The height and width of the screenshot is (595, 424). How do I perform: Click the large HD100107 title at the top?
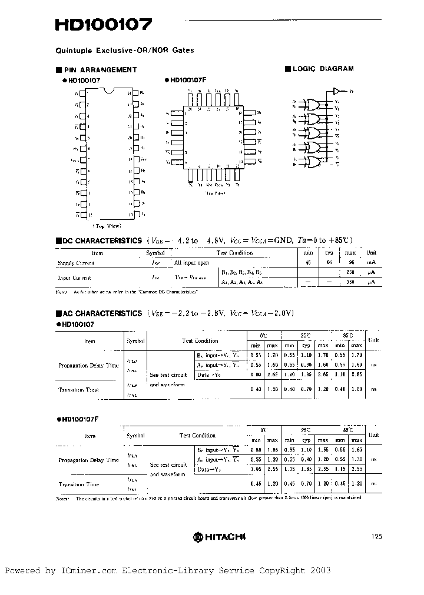pos(104,25)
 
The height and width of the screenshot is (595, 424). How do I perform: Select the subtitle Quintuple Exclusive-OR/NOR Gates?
pos(124,50)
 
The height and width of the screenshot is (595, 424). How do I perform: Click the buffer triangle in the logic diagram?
pos(337,91)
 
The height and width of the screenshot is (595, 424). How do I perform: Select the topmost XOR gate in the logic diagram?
pos(311,105)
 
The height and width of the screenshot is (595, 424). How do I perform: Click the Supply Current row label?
pos(76,263)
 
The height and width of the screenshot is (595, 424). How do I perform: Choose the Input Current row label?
pos(74,278)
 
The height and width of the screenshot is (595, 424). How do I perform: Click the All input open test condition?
pos(191,263)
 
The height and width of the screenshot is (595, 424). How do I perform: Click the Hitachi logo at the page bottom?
pos(220,536)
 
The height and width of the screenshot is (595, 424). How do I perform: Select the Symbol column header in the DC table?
pos(156,253)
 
